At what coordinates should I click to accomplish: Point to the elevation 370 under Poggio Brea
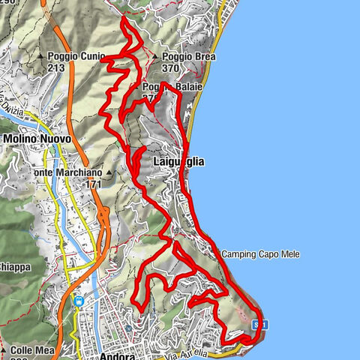click(169, 67)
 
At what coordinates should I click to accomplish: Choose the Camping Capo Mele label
click(260, 255)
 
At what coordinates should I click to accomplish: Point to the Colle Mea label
click(31, 349)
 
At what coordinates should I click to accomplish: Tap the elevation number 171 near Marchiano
click(93, 184)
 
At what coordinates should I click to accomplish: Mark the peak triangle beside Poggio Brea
click(155, 57)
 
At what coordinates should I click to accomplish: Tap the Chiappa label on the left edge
click(13, 266)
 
